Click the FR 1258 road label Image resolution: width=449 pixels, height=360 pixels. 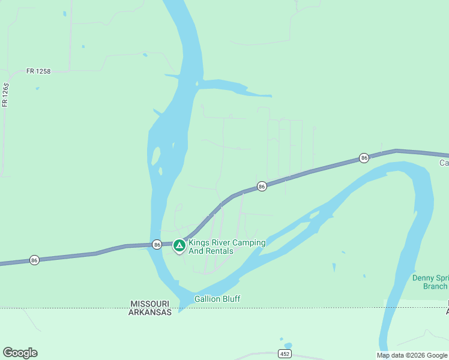38,71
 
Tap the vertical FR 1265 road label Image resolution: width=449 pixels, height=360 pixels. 5,95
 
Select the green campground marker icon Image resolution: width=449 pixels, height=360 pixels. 179,245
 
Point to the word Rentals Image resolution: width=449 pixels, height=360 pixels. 218,251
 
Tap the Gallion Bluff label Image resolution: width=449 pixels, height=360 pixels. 217,299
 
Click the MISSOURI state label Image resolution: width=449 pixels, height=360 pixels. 150,304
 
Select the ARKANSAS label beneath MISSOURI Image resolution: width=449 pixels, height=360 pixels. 150,312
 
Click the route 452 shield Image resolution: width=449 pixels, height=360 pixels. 285,354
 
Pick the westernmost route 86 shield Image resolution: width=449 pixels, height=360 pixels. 34,260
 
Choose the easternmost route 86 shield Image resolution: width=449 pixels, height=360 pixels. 364,158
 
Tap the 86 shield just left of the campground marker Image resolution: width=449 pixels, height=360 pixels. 157,244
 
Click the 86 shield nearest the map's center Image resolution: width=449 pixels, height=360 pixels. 262,187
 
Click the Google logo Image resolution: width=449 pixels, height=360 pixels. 20,353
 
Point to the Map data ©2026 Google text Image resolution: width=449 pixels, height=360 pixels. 412,355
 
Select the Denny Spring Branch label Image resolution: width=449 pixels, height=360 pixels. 430,282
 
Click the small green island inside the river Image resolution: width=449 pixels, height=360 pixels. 157,157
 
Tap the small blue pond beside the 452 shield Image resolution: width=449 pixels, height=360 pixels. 289,346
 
